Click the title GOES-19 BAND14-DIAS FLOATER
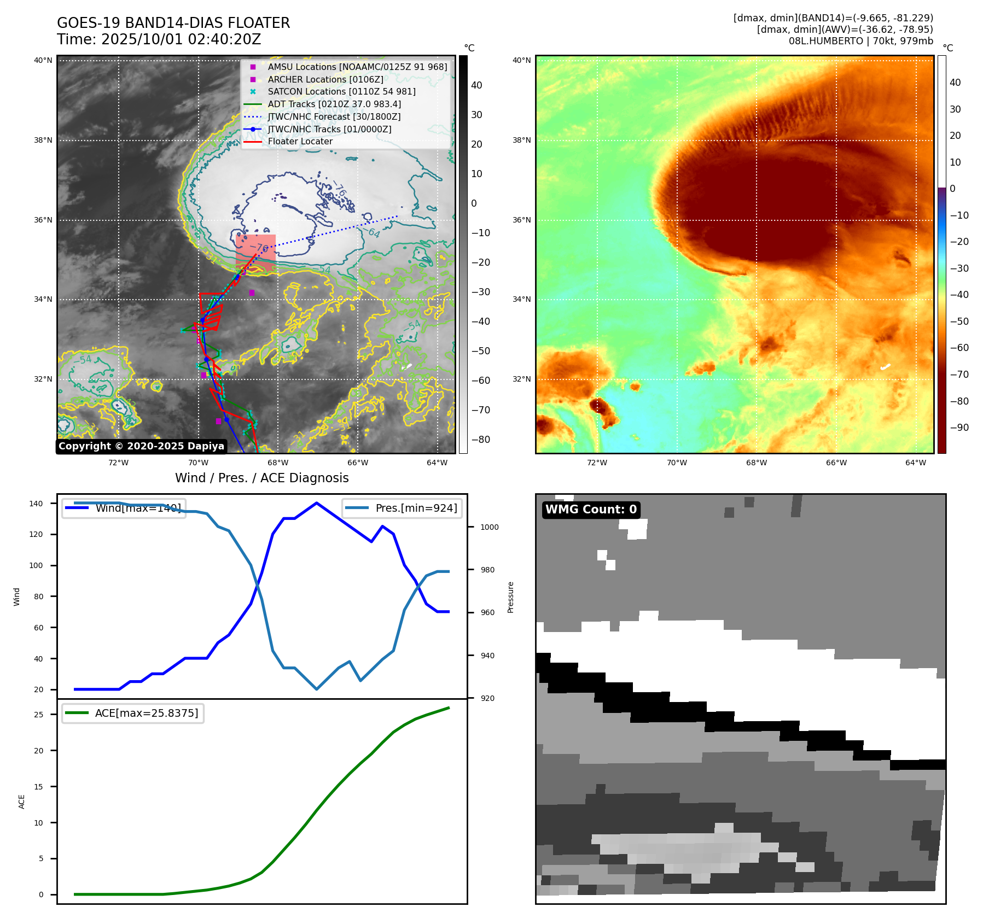(x=173, y=23)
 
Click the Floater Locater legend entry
(x=300, y=142)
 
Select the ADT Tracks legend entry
(x=334, y=104)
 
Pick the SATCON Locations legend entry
(x=341, y=91)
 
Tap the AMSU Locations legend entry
(x=357, y=67)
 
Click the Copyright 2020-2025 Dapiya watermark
(x=141, y=446)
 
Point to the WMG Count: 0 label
(x=591, y=510)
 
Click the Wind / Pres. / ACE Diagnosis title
(x=261, y=478)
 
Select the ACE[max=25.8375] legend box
(x=133, y=714)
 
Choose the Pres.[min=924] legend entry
(x=402, y=508)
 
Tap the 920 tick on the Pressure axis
(x=487, y=698)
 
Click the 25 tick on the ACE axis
(x=38, y=715)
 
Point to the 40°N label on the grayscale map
(x=43, y=61)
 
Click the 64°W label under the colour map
(x=915, y=463)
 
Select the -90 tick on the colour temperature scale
(x=959, y=428)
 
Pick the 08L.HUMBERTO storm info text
(x=860, y=41)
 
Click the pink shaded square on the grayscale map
(x=255, y=253)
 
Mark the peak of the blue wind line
(x=317, y=503)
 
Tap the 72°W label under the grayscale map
(x=118, y=463)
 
